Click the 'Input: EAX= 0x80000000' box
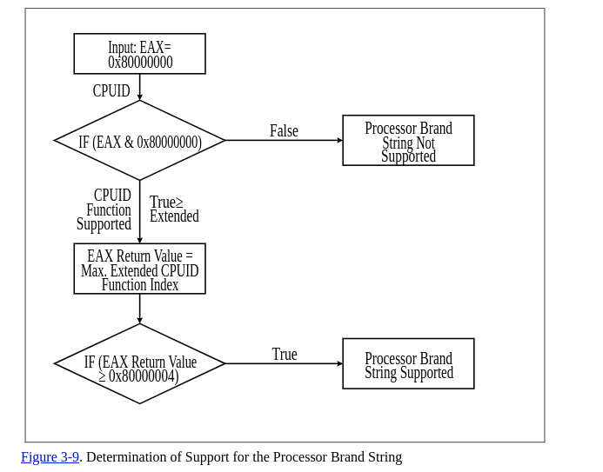(139, 54)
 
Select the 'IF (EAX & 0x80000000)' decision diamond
(139, 141)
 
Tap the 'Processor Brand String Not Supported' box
(408, 141)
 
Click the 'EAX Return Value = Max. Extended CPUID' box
(139, 269)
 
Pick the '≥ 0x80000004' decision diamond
(139, 364)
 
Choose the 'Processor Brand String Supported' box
(408, 364)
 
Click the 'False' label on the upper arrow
(284, 131)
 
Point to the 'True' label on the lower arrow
(285, 355)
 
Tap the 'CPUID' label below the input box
(111, 91)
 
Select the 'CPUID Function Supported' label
(105, 210)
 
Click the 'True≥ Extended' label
(173, 209)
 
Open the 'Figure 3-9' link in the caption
(50, 457)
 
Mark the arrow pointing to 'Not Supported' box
(284, 141)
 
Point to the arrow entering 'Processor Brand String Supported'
(284, 364)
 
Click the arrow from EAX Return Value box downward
(140, 309)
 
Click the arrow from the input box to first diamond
(140, 87)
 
